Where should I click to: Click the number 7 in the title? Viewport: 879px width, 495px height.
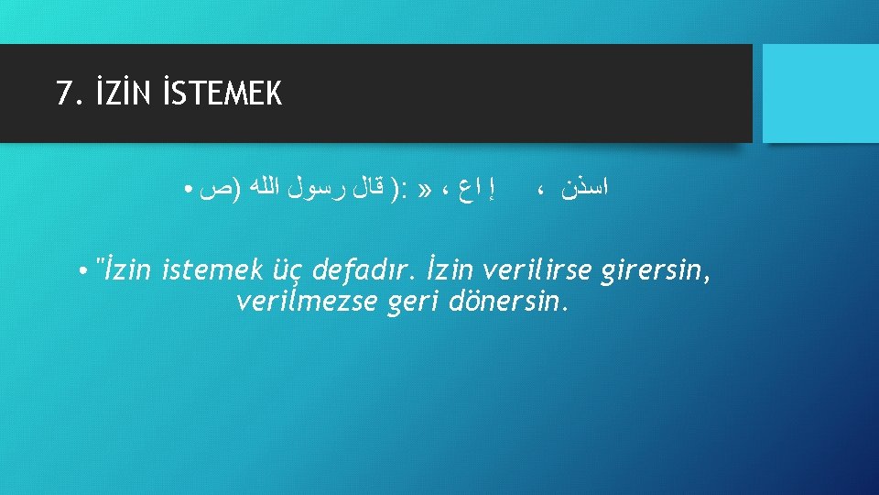click(x=63, y=93)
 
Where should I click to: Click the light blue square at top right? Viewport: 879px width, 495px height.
click(x=820, y=93)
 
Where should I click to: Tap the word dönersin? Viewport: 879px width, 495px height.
click(x=510, y=302)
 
